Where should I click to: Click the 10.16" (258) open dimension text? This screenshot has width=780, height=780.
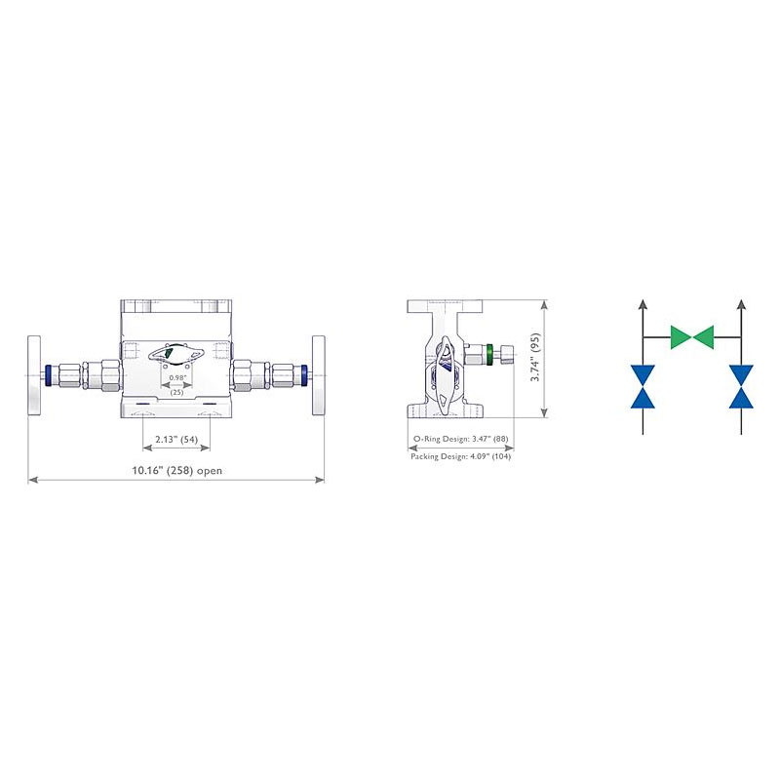click(176, 470)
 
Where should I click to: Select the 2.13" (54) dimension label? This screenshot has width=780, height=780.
click(176, 440)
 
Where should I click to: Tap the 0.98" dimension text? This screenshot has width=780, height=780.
click(177, 377)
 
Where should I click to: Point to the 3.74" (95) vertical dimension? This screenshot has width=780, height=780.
click(535, 357)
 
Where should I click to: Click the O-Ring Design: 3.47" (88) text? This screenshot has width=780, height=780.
click(460, 439)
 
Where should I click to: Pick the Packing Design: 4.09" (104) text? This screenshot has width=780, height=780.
click(460, 456)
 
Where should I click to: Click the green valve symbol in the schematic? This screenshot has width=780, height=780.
click(692, 336)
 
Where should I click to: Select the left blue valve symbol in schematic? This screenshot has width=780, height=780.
click(643, 386)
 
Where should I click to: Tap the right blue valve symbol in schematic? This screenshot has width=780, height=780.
click(741, 386)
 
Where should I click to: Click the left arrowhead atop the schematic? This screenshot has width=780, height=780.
click(643, 303)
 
